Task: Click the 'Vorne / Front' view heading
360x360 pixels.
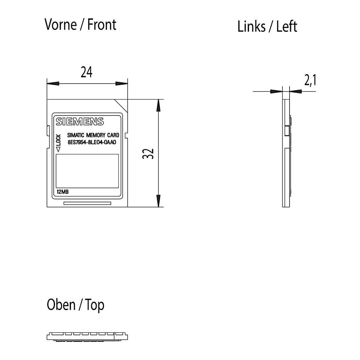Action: click(80, 25)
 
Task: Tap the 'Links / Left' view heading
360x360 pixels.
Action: click(267, 27)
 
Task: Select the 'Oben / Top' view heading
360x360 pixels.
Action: click(76, 305)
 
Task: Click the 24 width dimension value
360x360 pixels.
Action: click(86, 72)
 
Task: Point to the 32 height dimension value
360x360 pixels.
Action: click(148, 154)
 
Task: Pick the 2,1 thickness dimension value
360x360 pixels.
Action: click(310, 80)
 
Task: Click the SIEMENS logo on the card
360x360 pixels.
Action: click(80, 121)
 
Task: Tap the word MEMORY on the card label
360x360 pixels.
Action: click(96, 135)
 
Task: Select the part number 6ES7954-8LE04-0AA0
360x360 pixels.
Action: click(92, 142)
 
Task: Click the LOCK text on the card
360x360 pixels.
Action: click(58, 140)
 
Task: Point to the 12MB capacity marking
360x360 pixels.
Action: click(63, 192)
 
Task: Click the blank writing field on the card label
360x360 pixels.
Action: click(87, 171)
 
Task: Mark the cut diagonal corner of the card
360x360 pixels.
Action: click(121, 106)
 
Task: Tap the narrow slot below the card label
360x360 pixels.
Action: click(87, 203)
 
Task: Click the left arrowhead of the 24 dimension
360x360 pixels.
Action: click(53, 83)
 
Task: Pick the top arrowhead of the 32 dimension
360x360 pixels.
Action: click(158, 105)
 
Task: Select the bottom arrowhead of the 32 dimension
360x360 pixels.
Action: click(158, 201)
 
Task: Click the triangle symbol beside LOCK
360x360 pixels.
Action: click(58, 149)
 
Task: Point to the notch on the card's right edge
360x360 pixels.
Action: click(126, 135)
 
